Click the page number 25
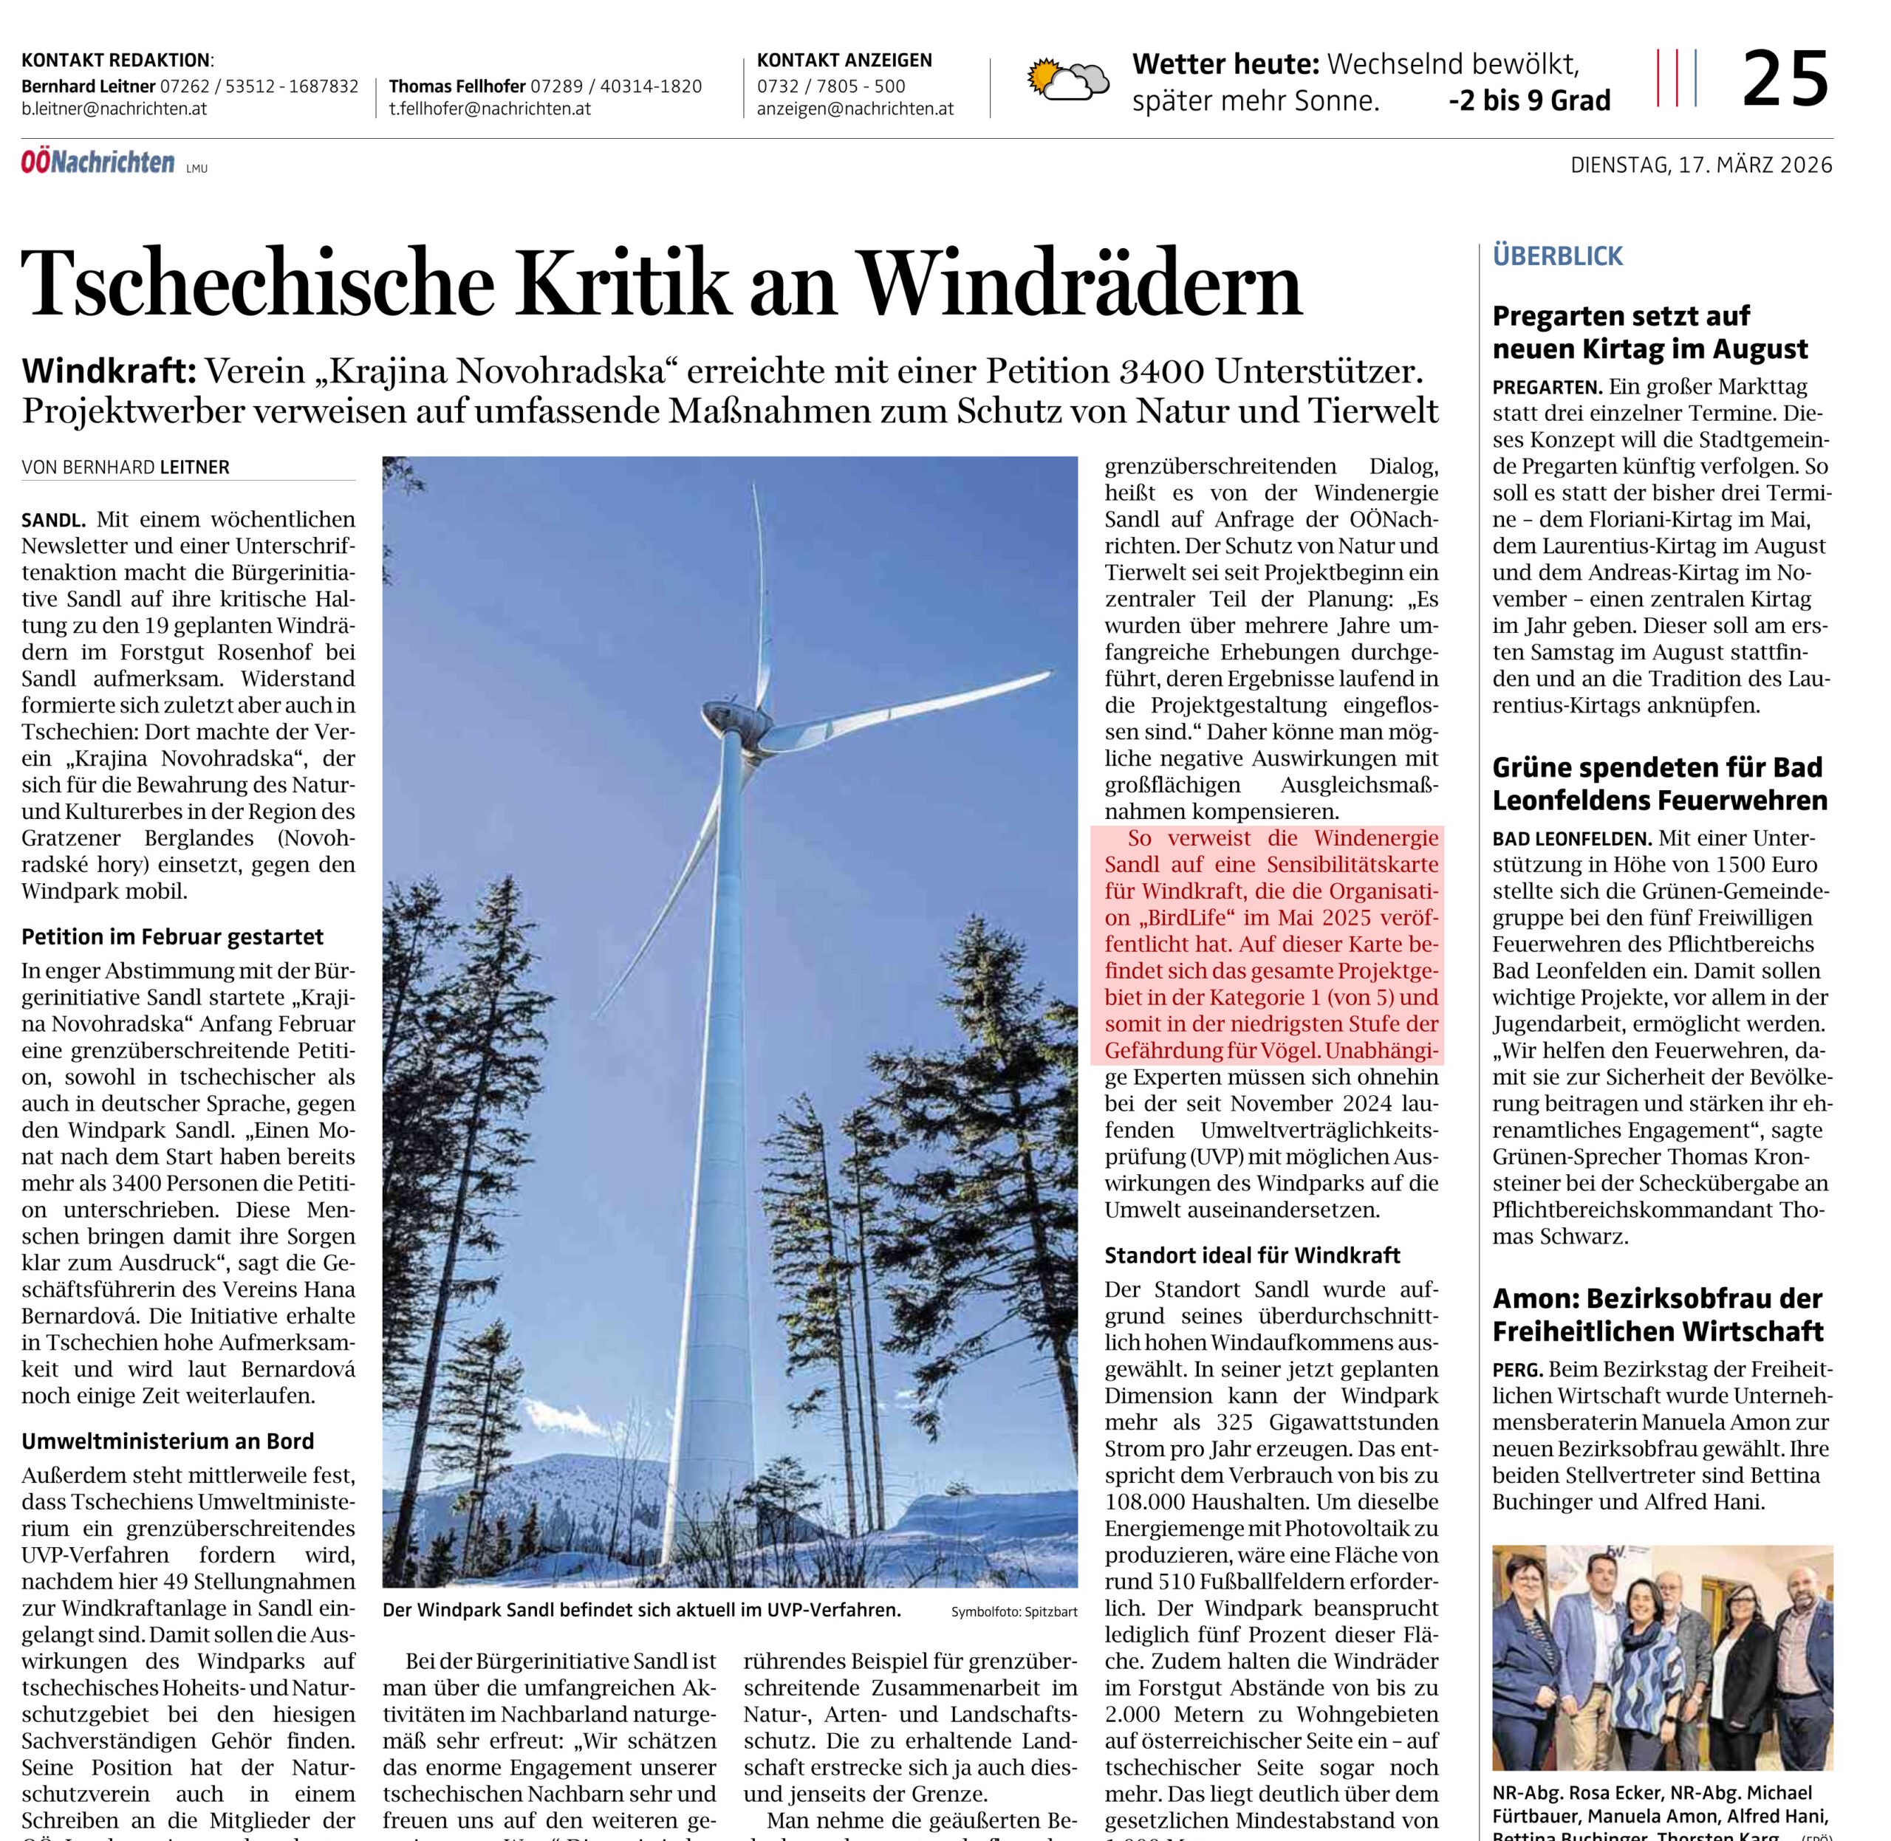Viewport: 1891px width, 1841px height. tap(1785, 79)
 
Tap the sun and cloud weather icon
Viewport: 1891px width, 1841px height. tap(1068, 80)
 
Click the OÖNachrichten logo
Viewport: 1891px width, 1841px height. tap(99, 162)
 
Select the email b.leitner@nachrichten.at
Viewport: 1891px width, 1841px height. tap(114, 109)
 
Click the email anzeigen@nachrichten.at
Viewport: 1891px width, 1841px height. tap(855, 109)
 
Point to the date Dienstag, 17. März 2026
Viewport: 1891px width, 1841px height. tap(1700, 165)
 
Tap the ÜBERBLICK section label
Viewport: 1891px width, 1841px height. tap(1557, 256)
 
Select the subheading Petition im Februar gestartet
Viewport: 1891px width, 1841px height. tap(172, 937)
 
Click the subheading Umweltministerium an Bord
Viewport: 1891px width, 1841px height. tap(168, 1441)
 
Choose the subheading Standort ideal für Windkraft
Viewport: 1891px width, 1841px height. tap(1251, 1256)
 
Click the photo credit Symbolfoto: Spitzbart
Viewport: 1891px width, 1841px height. tap(1013, 1612)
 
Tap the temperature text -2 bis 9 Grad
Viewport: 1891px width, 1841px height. tap(1529, 101)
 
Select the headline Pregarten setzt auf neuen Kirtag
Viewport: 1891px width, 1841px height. tap(1649, 332)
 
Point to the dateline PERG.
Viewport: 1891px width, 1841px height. tap(1516, 1370)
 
